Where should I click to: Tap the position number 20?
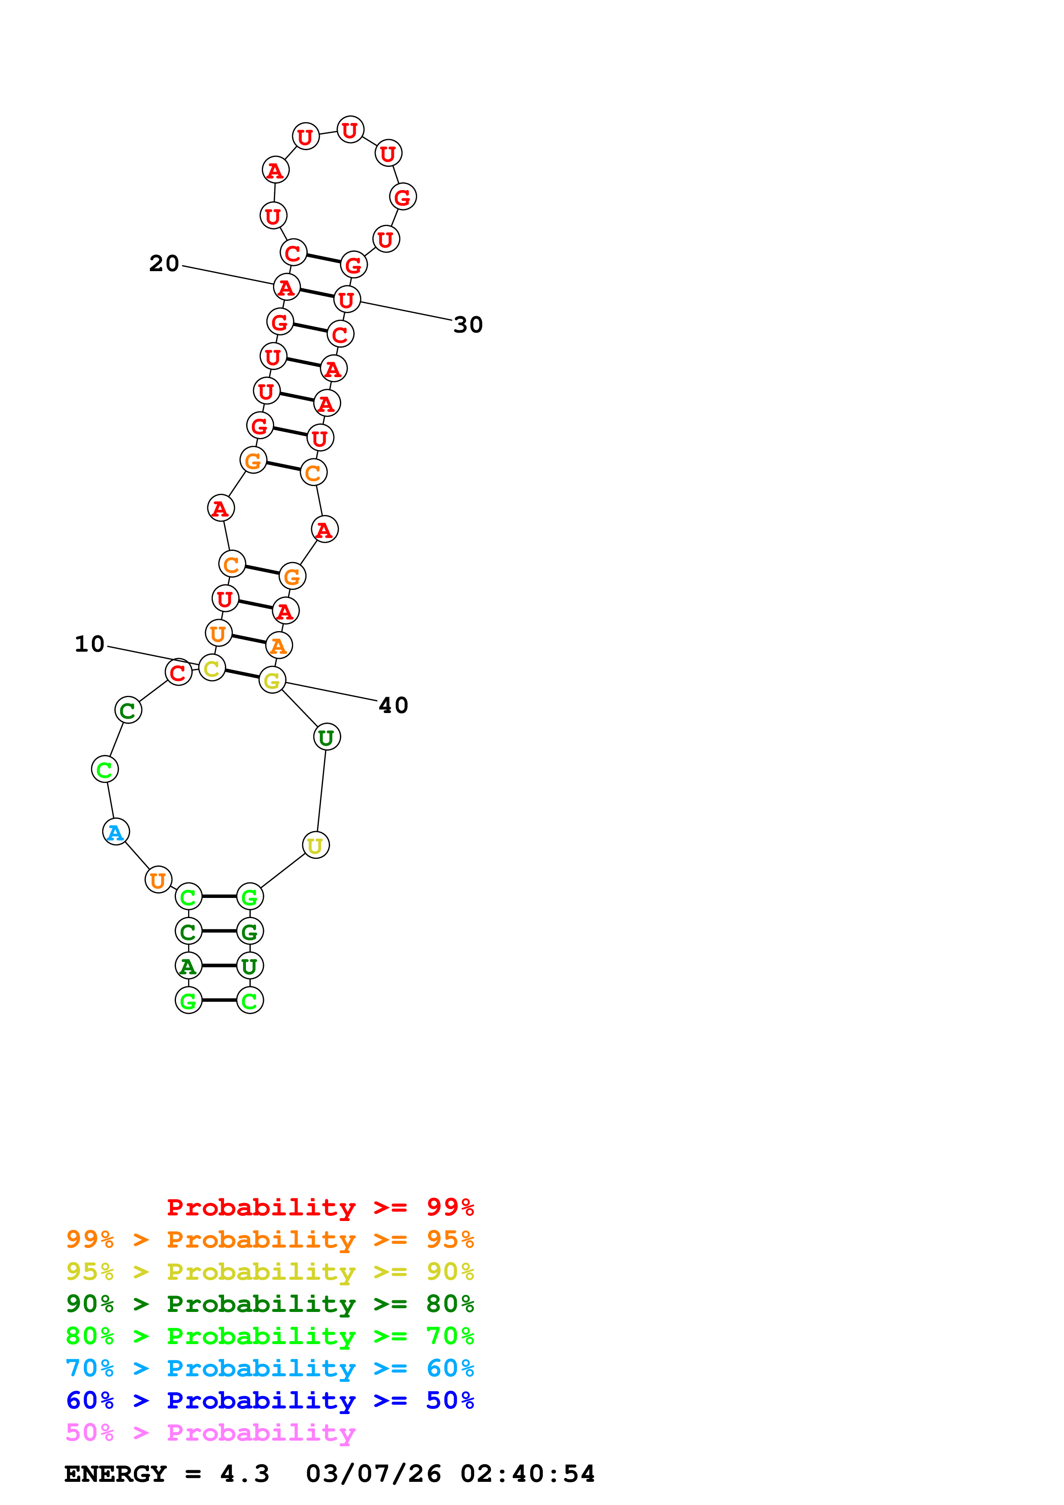164,263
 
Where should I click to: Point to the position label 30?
468,325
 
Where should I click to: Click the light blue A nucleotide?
116,832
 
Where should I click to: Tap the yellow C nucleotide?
212,668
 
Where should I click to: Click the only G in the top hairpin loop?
403,196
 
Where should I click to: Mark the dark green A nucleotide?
188,966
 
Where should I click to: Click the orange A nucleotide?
279,646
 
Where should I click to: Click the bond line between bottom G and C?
219,1000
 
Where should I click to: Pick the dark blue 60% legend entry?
270,1400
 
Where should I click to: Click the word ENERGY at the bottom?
115,1474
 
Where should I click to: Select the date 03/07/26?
373,1474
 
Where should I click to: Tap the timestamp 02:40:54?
528,1474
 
